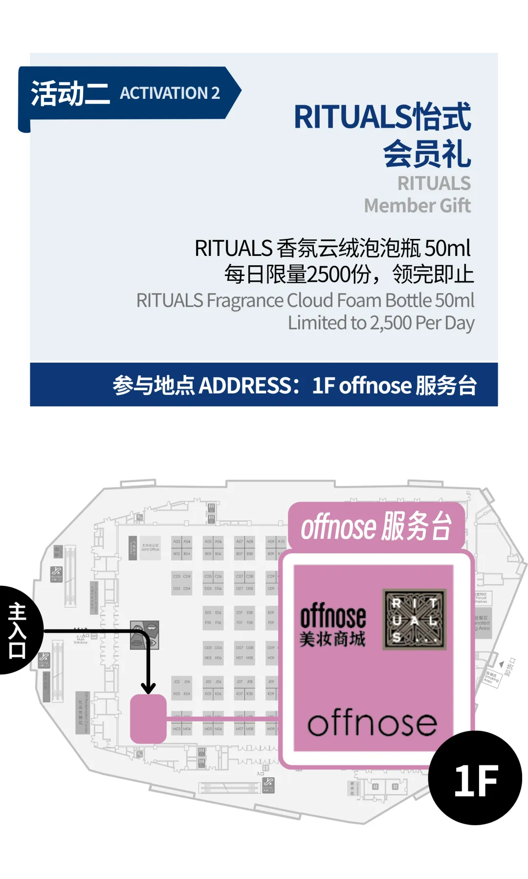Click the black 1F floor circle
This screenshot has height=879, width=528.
[475, 778]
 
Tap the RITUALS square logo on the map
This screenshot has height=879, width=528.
[415, 620]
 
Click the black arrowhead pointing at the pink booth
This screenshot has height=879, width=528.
[148, 688]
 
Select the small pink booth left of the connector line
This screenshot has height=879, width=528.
[148, 718]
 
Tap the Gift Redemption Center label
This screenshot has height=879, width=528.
[83, 712]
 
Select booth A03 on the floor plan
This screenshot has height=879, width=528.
[176, 541]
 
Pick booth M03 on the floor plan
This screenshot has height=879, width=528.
[176, 729]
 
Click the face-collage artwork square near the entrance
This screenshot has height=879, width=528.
[145, 635]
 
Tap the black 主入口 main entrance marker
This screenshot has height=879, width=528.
[18, 630]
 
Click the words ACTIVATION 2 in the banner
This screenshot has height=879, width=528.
[170, 93]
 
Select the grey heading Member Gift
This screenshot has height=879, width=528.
[417, 206]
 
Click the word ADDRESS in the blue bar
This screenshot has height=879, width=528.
[245, 385]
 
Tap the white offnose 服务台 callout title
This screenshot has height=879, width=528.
[375, 527]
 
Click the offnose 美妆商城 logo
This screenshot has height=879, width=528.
[333, 625]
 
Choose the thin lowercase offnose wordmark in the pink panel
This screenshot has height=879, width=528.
[372, 723]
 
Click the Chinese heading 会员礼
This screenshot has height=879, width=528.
[426, 153]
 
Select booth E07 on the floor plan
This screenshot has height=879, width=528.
[240, 612]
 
